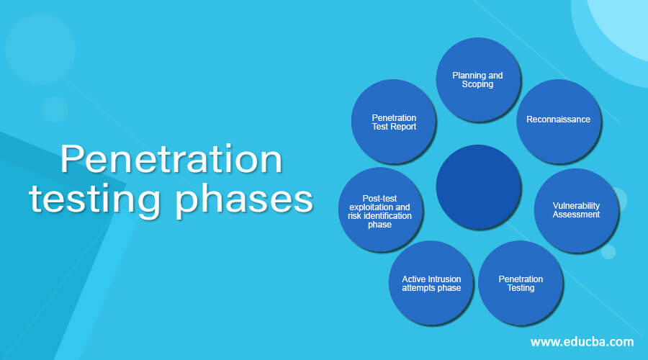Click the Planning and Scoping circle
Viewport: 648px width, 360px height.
478,80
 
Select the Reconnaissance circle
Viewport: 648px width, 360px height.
559,122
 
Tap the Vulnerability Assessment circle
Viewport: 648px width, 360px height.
577,210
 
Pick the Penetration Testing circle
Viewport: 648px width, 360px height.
521,283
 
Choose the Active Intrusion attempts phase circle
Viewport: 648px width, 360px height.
431,283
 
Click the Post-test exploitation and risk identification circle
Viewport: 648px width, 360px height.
381,210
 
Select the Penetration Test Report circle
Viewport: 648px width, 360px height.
394,122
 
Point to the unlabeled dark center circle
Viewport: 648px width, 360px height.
479,187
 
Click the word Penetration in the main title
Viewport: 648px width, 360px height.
171,159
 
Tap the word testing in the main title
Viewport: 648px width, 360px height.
94,199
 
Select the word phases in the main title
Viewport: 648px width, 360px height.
244,199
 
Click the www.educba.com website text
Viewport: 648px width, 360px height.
582,342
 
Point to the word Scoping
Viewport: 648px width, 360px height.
477,84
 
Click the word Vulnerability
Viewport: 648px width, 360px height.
576,205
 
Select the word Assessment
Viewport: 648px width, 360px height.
576,214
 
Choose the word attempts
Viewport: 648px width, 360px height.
418,288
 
